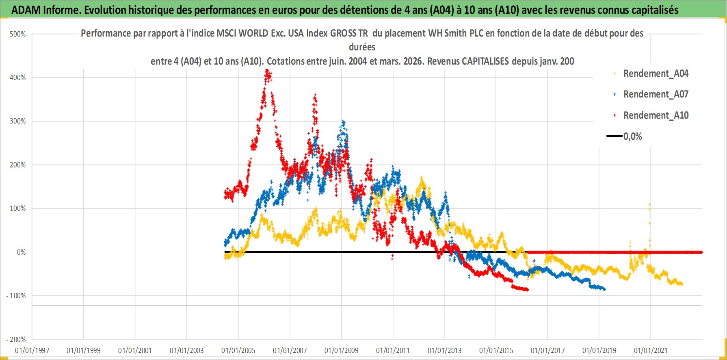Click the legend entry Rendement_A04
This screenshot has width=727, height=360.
656,74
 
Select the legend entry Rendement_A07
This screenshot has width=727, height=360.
656,94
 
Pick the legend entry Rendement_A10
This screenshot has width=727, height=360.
656,115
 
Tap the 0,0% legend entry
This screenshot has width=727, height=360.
632,137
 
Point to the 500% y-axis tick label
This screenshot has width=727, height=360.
18,34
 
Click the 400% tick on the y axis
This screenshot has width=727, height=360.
18,78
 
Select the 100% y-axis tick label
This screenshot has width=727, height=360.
18,208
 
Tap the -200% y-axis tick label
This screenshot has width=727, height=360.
16,339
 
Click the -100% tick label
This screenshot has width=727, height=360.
16,296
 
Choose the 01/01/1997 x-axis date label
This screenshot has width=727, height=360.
32,350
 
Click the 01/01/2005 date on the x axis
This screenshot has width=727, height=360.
238,350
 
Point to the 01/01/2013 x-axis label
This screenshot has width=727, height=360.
445,350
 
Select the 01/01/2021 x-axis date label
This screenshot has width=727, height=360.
651,350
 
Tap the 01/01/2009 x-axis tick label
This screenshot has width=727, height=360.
342,350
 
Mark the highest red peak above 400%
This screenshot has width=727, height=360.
267,72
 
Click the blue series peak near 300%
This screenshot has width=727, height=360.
344,121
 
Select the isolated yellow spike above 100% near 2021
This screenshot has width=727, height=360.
649,205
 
